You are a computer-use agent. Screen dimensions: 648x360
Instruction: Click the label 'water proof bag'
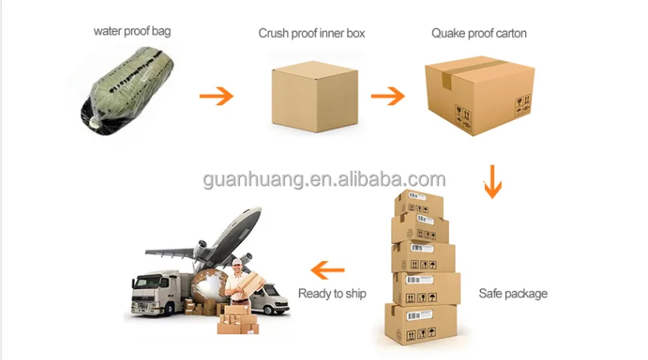point(132,32)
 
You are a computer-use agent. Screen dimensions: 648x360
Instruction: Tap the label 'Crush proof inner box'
point(313,34)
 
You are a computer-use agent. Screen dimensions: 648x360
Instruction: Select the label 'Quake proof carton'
point(479,33)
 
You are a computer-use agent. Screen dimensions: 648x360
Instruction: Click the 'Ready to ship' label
point(332,293)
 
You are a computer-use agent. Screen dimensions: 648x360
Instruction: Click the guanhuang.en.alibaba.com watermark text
point(324,179)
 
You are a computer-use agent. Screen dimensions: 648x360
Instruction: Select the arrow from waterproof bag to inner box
point(216,96)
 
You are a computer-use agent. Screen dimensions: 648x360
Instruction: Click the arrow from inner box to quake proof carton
point(388,96)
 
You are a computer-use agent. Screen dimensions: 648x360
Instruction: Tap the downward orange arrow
point(492,181)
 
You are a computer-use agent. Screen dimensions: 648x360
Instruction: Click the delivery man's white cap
point(238,264)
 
